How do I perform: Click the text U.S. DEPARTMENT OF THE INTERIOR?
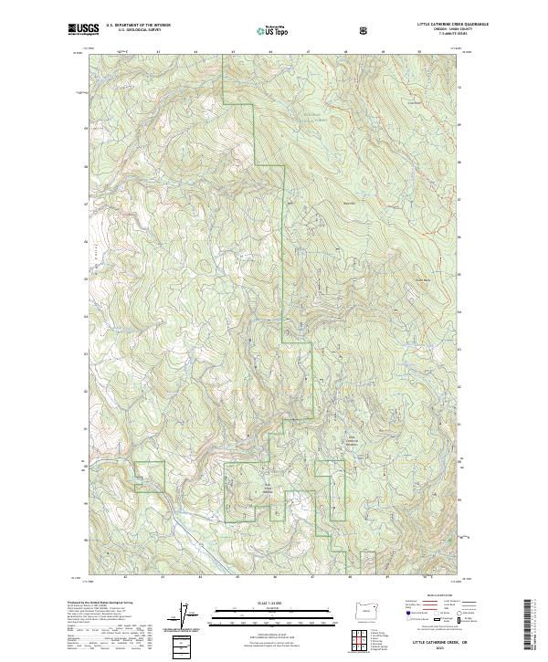point(137,26)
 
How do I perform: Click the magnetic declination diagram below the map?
point(189,617)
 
